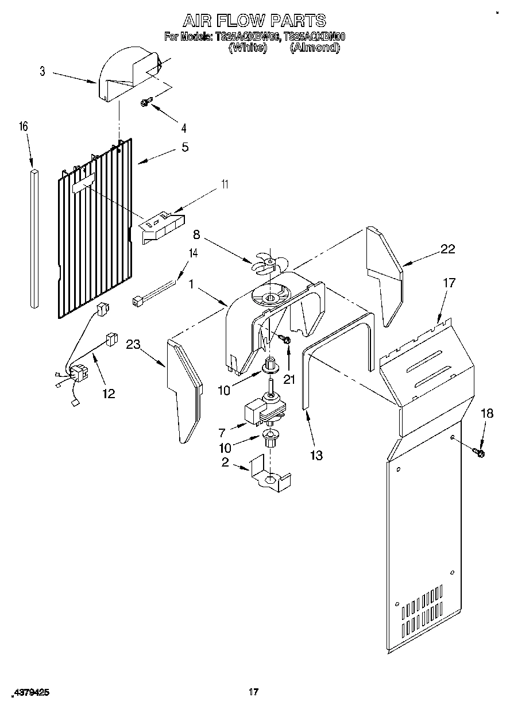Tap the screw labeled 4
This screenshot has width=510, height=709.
[x=146, y=102]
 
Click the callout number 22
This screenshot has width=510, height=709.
[x=447, y=249]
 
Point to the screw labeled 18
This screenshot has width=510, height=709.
[x=478, y=453]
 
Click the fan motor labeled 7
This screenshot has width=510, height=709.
[x=261, y=409]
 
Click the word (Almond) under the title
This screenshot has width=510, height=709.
[x=314, y=48]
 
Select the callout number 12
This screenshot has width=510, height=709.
[x=108, y=394]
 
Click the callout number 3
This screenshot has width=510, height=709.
[x=42, y=71]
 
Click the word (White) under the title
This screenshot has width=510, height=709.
[x=248, y=48]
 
